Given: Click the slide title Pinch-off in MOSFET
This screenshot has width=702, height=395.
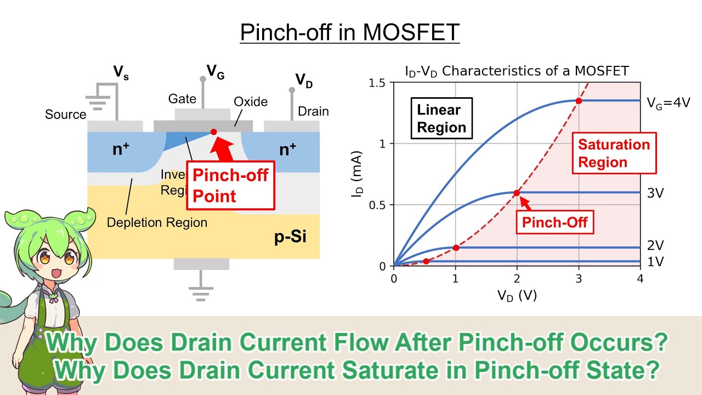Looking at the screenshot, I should pyautogui.click(x=350, y=33).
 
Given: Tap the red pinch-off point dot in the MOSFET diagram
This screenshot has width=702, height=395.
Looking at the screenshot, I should pyautogui.click(x=213, y=132).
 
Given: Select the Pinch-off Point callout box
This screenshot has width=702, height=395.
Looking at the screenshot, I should pyautogui.click(x=230, y=185).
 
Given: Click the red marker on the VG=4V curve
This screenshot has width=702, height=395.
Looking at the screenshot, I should pyautogui.click(x=579, y=100).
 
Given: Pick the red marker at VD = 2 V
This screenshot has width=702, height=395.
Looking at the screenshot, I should pyautogui.click(x=517, y=193).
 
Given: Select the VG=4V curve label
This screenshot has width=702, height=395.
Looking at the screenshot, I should pyautogui.click(x=667, y=101).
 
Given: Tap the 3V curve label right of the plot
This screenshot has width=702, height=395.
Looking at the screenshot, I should pyautogui.click(x=656, y=193).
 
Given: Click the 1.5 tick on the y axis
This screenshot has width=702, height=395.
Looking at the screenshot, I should pyautogui.click(x=378, y=83).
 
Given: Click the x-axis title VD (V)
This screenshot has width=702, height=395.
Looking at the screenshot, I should pyautogui.click(x=517, y=296).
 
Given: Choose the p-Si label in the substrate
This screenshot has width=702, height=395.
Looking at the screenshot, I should pyautogui.click(x=290, y=238).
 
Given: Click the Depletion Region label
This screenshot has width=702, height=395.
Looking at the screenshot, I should pyautogui.click(x=157, y=223).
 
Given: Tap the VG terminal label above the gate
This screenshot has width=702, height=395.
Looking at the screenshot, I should pyautogui.click(x=215, y=71).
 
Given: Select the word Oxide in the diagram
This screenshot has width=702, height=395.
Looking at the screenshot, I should pyautogui.click(x=251, y=102).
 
